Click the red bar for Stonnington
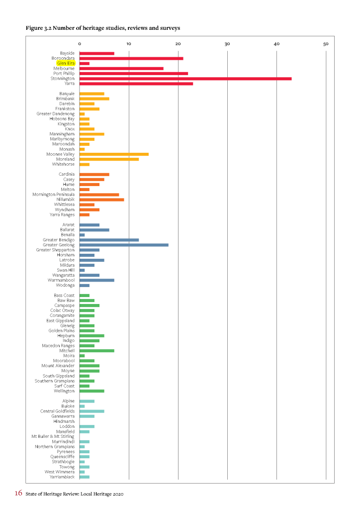(x=185, y=79)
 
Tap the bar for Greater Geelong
(x=124, y=245)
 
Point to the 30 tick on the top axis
(x=227, y=44)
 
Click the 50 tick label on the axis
(x=326, y=44)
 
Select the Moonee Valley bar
(x=114, y=154)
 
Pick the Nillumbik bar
(x=101, y=200)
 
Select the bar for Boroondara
(x=131, y=58)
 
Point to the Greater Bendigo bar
(x=109, y=240)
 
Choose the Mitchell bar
(x=97, y=351)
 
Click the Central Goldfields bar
(x=92, y=411)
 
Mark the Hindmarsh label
(x=64, y=421)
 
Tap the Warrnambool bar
(x=97, y=280)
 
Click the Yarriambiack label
(x=62, y=477)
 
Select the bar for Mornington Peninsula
(x=99, y=195)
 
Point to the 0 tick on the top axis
(x=80, y=44)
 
